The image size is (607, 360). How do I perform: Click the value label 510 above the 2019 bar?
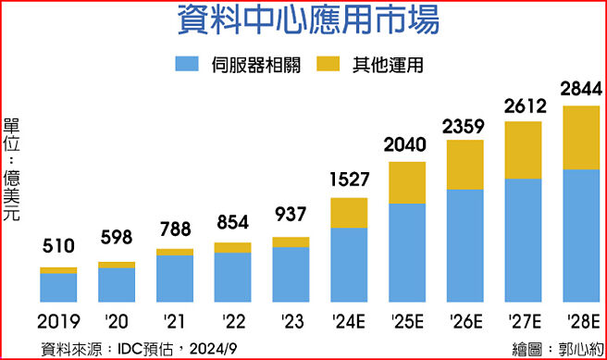click(58, 247)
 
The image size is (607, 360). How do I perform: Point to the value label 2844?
click(581, 90)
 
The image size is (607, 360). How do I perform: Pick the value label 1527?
click(349, 179)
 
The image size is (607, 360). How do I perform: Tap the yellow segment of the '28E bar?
click(581, 138)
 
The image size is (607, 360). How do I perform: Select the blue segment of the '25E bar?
click(406, 253)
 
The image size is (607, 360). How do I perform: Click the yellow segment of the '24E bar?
click(349, 212)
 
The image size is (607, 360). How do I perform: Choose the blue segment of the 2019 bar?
click(58, 287)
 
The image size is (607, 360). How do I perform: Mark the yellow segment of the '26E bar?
click(465, 165)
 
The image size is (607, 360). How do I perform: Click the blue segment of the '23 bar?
click(291, 274)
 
